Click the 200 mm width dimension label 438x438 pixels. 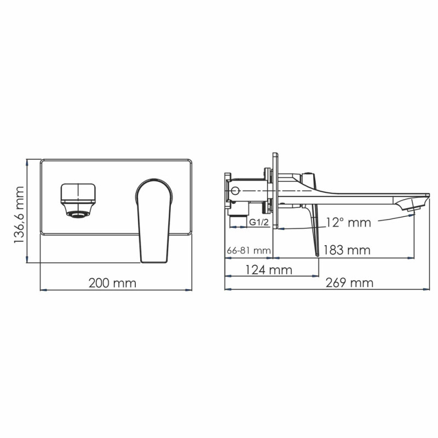tap(114, 283)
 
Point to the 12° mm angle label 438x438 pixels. tap(348, 222)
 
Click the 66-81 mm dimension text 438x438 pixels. tap(248, 250)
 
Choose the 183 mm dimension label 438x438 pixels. tap(347, 250)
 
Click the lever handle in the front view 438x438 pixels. tap(153, 219)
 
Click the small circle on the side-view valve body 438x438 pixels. tap(235, 191)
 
